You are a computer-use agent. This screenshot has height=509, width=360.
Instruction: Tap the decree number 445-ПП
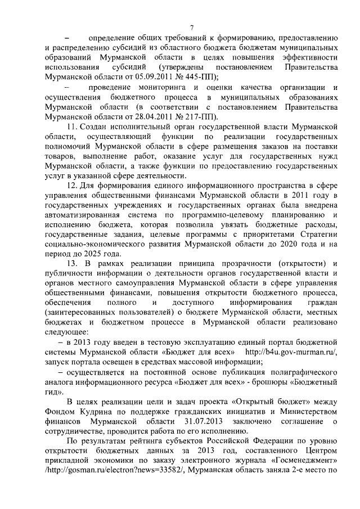193,77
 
